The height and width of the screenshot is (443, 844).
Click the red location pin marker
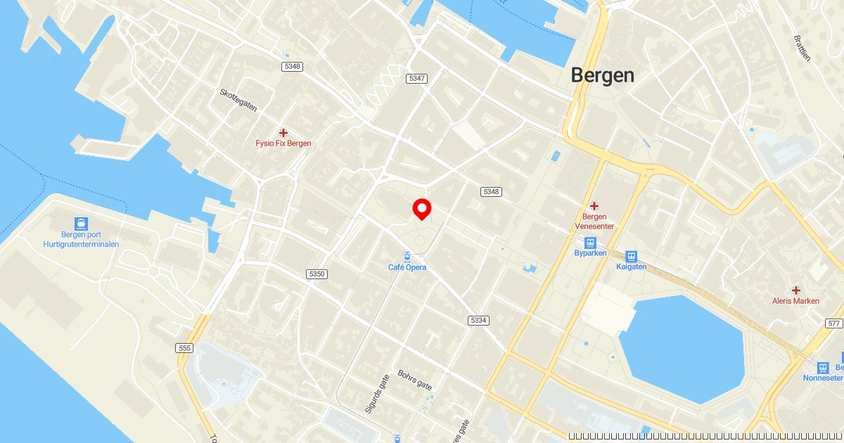coord(421,209)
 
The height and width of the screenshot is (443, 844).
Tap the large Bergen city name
coord(602,75)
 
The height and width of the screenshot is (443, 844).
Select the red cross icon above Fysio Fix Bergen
coord(283,132)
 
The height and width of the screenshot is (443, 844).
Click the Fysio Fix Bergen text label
coord(283,143)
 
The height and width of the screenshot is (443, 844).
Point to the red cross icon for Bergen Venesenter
coord(594,205)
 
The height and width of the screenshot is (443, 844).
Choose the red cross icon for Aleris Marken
coord(795,290)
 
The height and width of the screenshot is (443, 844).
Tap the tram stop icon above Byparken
coord(590,243)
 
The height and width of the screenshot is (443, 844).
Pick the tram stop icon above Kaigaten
coord(631,257)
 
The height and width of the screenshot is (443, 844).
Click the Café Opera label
coord(407,267)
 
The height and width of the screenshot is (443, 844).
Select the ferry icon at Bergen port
coord(81,224)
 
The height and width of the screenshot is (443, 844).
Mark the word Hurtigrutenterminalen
coord(81,244)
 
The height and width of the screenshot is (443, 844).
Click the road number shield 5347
coord(417,78)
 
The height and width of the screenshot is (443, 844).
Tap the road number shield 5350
coord(316,274)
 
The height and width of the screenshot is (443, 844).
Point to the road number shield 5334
coord(478,320)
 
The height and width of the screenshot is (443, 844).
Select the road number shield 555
coord(185,347)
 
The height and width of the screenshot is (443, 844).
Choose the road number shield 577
coord(834,323)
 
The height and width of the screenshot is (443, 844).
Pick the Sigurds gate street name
coord(372,394)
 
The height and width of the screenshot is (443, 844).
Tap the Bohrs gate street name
coord(415,380)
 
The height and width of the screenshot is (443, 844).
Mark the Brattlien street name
coord(802,48)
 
